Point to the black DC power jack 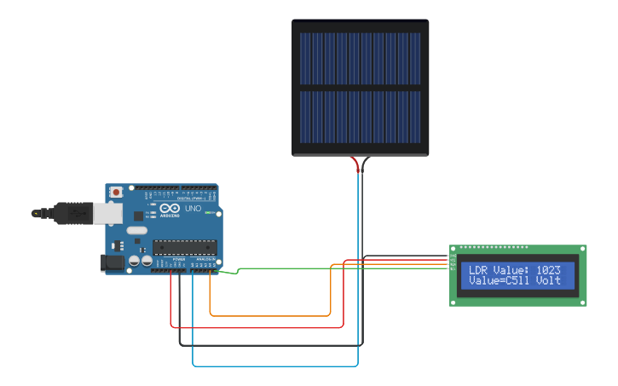click(x=113, y=263)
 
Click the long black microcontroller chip click(x=185, y=247)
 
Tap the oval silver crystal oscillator click(x=136, y=230)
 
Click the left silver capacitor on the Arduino click(x=135, y=262)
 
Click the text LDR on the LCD click(x=479, y=269)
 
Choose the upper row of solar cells click(x=360, y=59)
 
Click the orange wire click(x=273, y=316)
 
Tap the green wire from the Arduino click(x=341, y=268)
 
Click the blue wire click(x=273, y=366)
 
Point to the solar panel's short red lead click(x=355, y=164)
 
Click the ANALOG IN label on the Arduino click(x=205, y=258)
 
